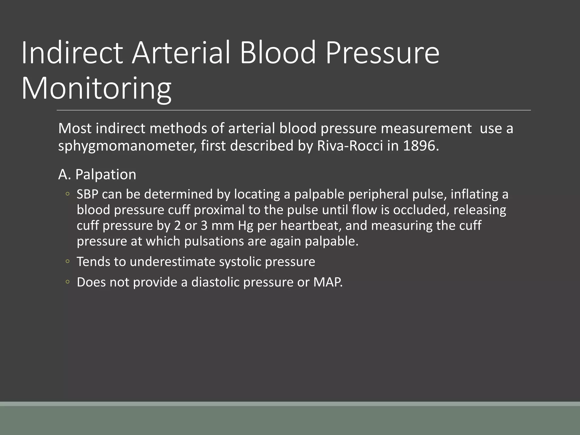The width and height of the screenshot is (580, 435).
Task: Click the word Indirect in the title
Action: pyautogui.click(x=72, y=53)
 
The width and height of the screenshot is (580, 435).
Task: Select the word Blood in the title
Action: pyautogui.click(x=278, y=53)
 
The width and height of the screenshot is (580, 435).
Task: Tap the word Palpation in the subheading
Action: pyautogui.click(x=106, y=174)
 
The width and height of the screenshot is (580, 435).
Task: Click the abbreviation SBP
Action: pyautogui.click(x=87, y=195)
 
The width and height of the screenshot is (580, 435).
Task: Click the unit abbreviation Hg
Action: pyautogui.click(x=246, y=226)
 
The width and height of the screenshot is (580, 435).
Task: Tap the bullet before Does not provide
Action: pyautogui.click(x=67, y=282)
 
